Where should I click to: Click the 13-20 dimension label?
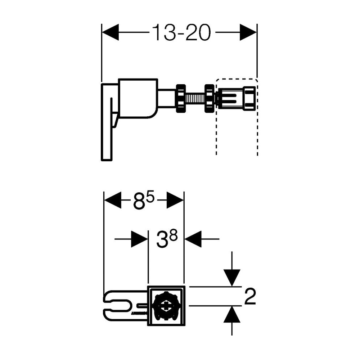181,33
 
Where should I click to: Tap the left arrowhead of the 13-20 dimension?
110,32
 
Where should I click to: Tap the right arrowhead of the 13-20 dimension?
248,32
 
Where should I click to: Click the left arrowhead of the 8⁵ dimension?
112,200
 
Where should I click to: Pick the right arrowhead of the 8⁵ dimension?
175,200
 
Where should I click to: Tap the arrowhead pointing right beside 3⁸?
139,239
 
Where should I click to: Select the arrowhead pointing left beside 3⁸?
193,239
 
